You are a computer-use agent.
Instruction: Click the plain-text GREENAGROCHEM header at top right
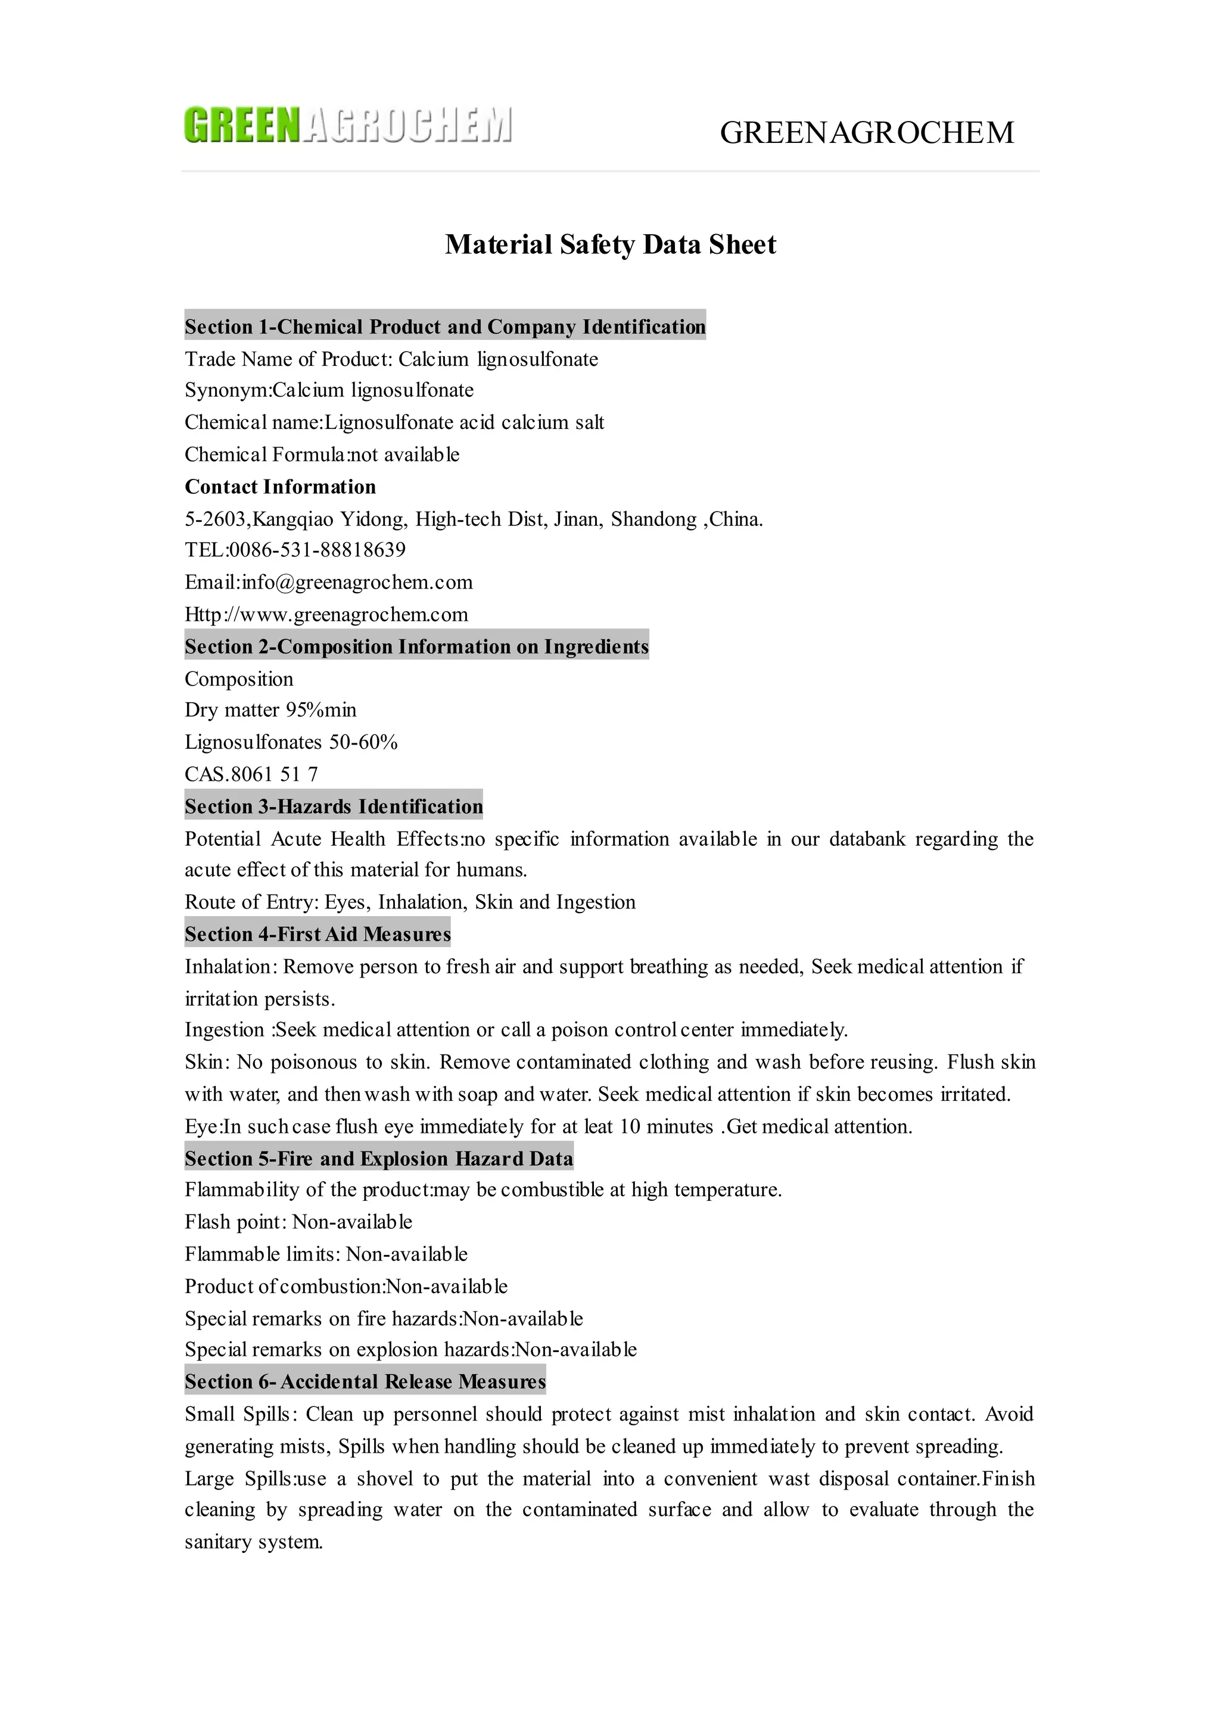click(867, 133)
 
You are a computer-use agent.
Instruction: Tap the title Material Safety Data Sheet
click(610, 245)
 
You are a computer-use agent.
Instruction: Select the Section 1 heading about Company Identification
click(445, 327)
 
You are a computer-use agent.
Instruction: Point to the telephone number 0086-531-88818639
click(317, 550)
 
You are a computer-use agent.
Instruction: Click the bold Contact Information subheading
click(280, 487)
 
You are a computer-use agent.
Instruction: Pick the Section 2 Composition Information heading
click(416, 647)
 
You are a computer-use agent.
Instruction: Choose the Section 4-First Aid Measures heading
click(317, 935)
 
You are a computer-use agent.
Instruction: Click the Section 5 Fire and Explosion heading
click(379, 1159)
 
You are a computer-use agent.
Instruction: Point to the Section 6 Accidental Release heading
click(365, 1382)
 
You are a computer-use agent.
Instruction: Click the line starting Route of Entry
click(409, 902)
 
